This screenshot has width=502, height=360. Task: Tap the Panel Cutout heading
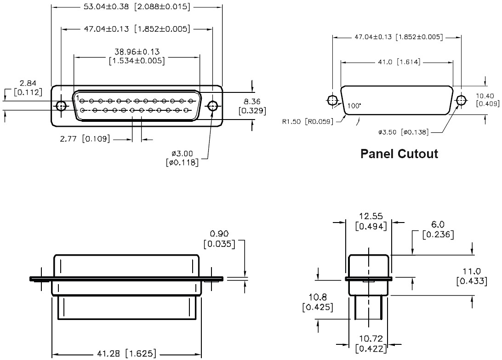399,154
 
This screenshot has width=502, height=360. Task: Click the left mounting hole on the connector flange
61,105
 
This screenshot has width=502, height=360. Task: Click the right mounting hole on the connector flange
212,105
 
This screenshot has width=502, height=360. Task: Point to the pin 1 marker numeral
78,97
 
